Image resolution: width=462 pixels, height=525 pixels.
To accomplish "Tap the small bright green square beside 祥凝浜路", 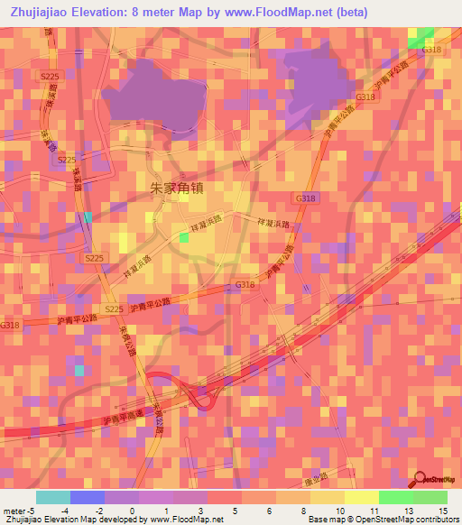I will point(184,237).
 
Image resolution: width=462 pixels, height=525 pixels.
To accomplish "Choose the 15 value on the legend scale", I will point(441,510).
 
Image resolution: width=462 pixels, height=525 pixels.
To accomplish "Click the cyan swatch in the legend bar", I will point(52,497).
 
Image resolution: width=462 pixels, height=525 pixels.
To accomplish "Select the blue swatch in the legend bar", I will point(87,497).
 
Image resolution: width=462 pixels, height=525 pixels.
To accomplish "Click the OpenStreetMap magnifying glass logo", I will point(420,480).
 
